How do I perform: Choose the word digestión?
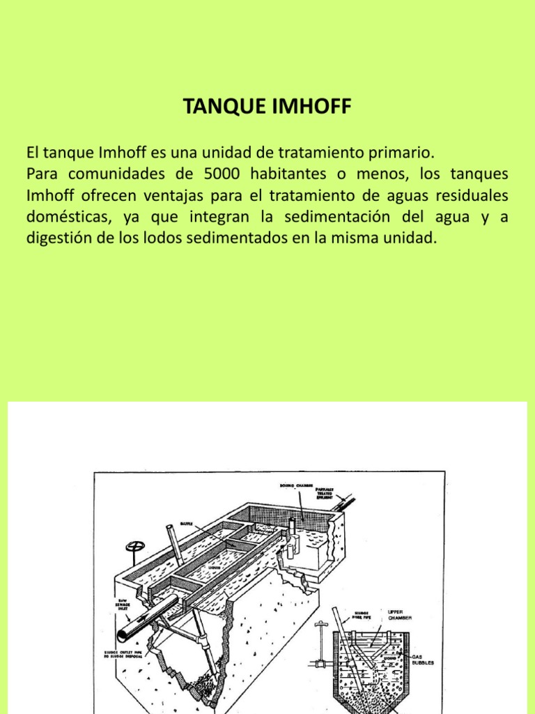pos(58,238)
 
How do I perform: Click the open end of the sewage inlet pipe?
pos(123,635)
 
